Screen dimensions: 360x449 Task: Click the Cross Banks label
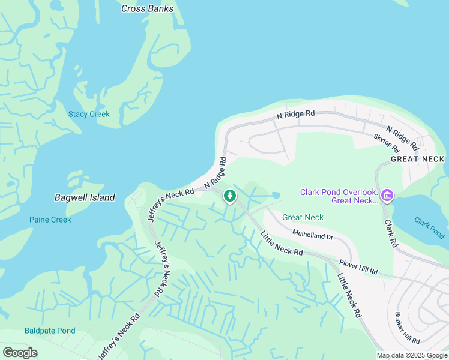tap(147, 8)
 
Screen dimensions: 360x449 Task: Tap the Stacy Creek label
tap(89, 114)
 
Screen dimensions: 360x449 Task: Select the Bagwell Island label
tap(85, 197)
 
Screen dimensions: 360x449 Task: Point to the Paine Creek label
tap(50, 220)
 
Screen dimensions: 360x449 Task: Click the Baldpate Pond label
tap(50, 331)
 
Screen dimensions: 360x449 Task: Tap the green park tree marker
tap(229, 196)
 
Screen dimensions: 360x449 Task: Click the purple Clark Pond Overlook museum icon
tap(387, 196)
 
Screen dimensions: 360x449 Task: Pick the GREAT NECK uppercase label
tap(417, 159)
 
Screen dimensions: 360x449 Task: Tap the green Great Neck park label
tap(303, 217)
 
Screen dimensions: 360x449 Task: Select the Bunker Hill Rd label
tap(406, 328)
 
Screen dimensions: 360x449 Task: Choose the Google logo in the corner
tap(19, 353)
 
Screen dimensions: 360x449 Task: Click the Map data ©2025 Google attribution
tap(412, 355)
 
